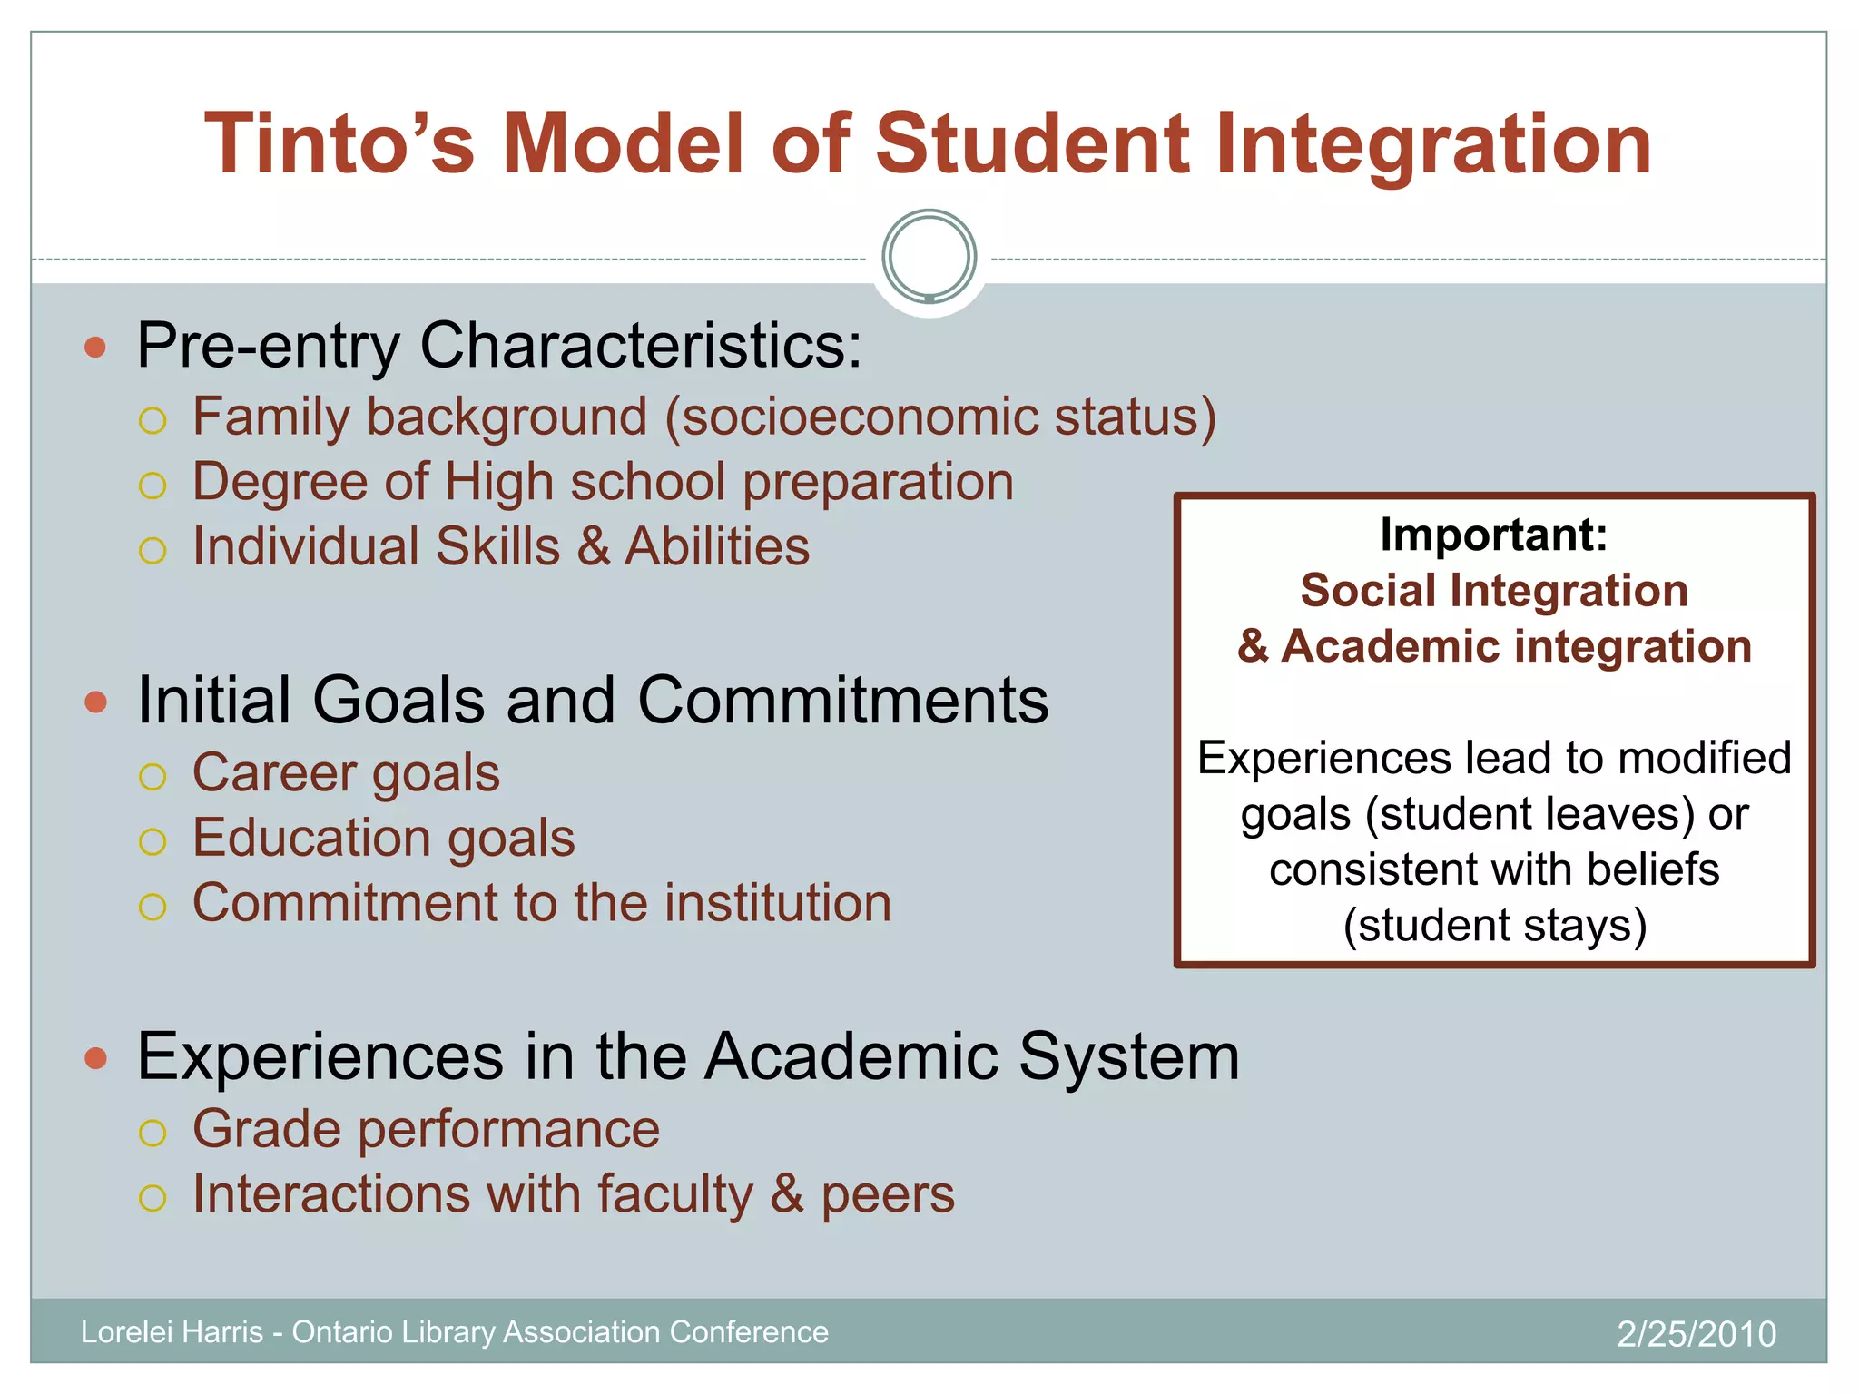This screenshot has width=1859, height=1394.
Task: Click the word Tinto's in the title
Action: [339, 143]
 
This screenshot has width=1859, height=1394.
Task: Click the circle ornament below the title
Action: [929, 257]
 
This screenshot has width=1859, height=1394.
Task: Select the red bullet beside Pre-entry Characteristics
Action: [95, 347]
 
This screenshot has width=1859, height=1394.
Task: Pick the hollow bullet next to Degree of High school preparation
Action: [152, 486]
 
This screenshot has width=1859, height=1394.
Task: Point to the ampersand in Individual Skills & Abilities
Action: [593, 547]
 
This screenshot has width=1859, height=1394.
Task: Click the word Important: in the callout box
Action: [1494, 535]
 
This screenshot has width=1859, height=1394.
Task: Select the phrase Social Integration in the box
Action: [1494, 591]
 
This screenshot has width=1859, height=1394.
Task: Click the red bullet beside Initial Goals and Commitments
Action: [95, 702]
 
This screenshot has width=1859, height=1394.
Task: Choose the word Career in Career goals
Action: [274, 773]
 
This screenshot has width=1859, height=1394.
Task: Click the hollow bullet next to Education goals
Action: [152, 841]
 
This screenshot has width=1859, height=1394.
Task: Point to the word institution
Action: [778, 903]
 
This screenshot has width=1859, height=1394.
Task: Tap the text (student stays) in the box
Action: [1494, 926]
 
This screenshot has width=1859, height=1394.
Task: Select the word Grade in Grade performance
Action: [268, 1130]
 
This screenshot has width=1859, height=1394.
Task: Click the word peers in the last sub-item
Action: [888, 1195]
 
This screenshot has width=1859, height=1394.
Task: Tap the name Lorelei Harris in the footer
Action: [172, 1332]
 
